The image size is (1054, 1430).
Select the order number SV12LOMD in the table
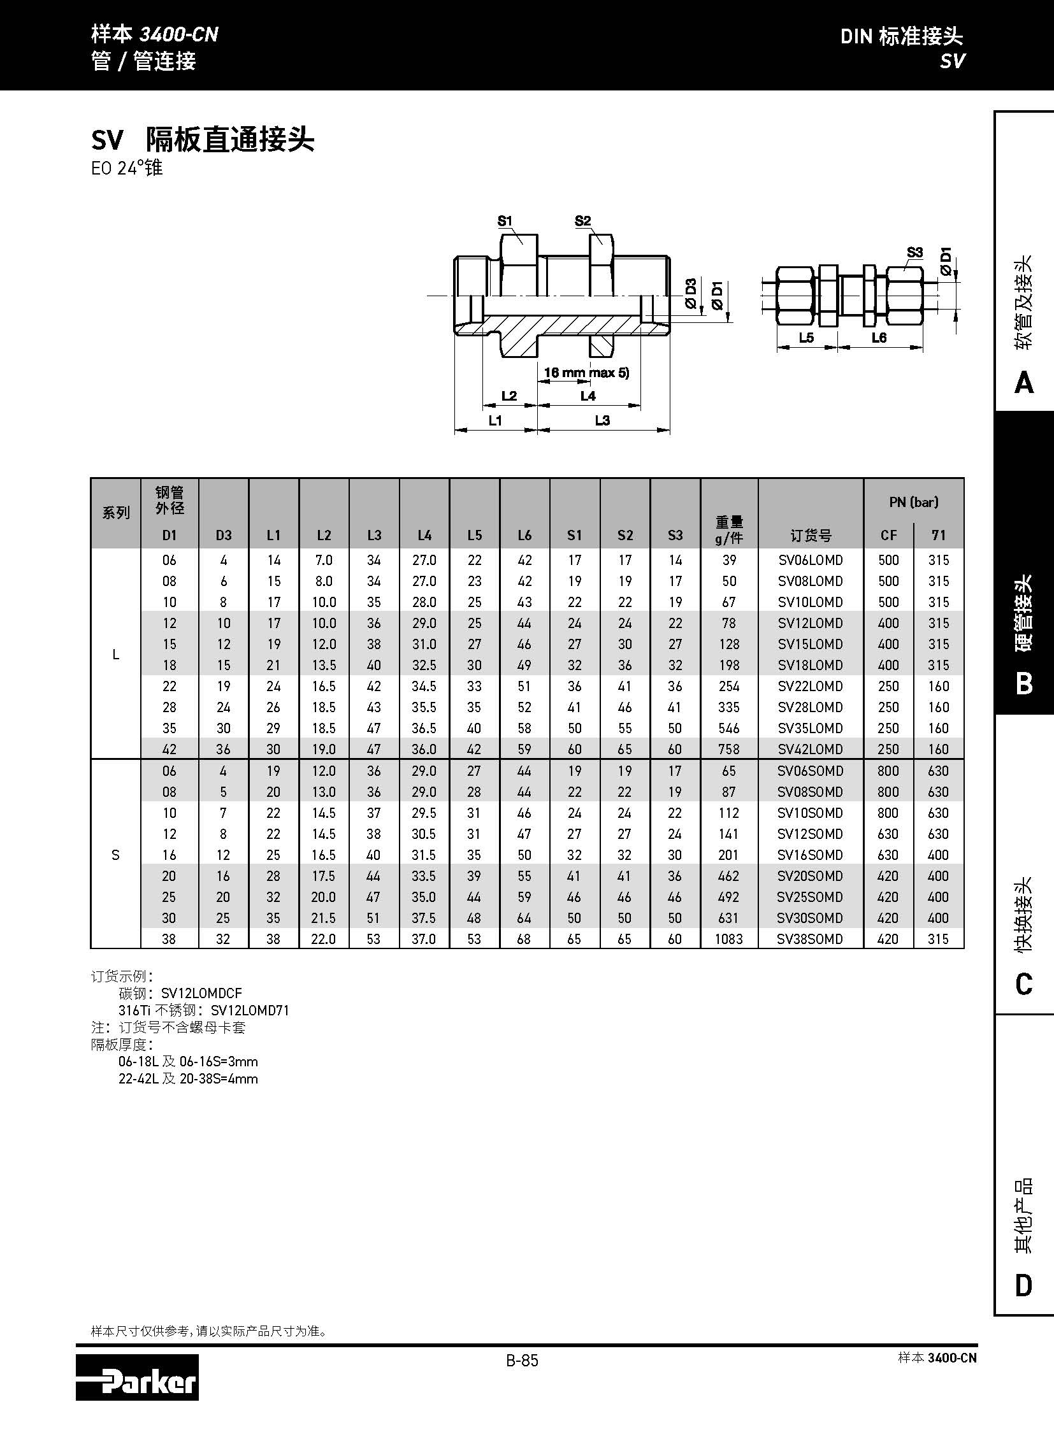(810, 623)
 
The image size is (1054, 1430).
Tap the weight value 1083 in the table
(728, 939)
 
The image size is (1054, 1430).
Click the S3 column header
(675, 535)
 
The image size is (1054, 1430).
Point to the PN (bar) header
(913, 502)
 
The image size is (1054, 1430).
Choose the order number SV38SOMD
(810, 939)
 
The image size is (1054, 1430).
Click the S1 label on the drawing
(505, 221)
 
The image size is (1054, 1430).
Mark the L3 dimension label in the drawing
(602, 420)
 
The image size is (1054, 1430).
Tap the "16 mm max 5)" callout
(586, 373)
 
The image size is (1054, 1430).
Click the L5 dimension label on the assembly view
(806, 338)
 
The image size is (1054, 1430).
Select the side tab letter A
(1023, 383)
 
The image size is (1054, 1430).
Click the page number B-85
(522, 1361)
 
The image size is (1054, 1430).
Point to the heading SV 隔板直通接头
(203, 139)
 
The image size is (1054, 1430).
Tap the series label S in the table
(115, 855)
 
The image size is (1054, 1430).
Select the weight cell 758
(728, 749)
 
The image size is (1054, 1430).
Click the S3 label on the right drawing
(914, 253)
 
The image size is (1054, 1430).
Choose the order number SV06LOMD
(810, 560)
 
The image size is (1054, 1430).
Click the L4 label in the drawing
(588, 396)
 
